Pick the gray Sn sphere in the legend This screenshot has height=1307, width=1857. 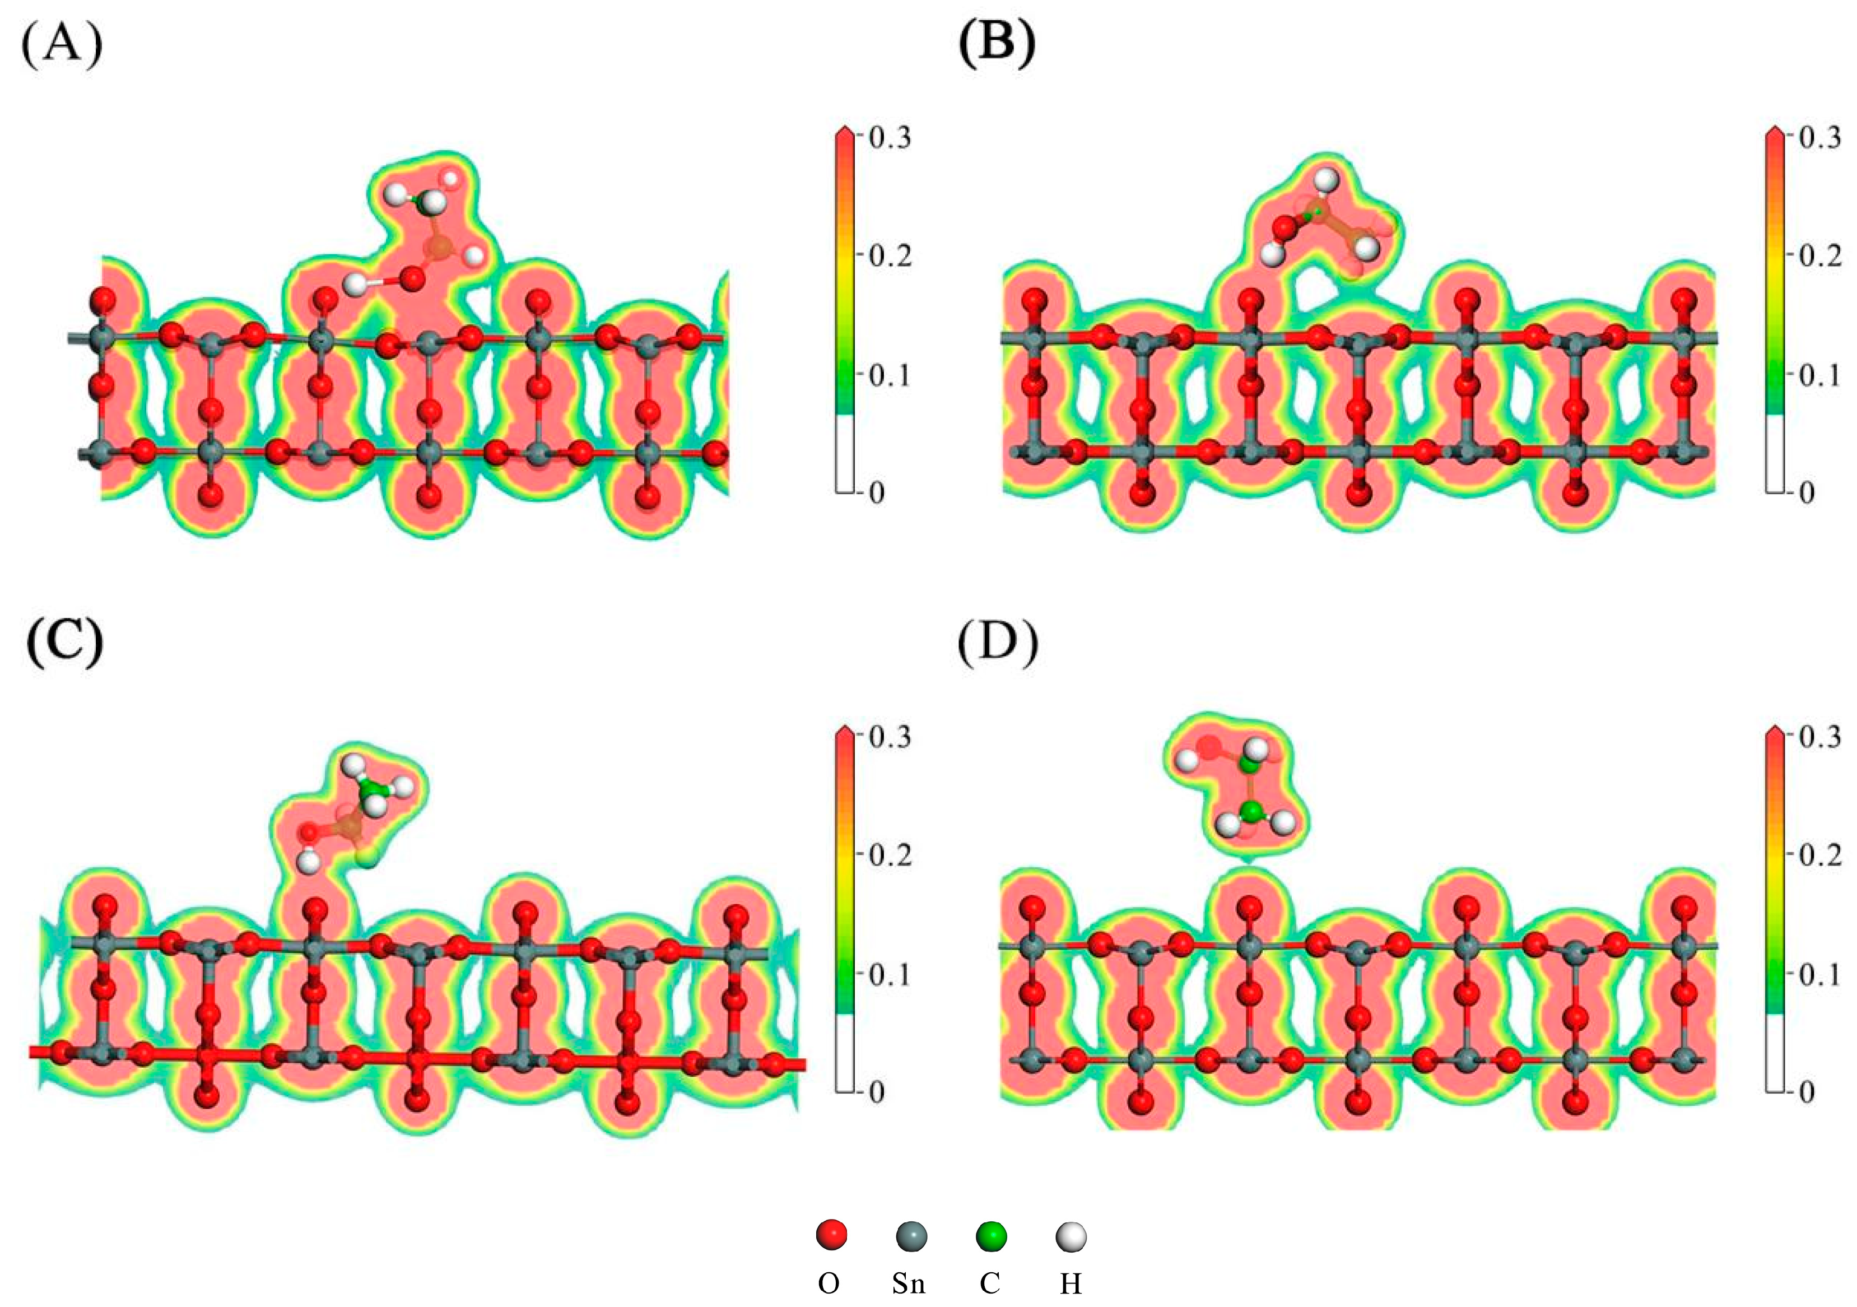pyautogui.click(x=911, y=1236)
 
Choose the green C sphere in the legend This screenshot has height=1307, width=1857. pyautogui.click(x=992, y=1236)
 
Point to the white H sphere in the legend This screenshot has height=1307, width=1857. pyautogui.click(x=1072, y=1236)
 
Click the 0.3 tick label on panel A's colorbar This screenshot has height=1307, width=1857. pyautogui.click(x=890, y=137)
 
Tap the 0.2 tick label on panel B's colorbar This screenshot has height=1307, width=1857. pyautogui.click(x=1820, y=255)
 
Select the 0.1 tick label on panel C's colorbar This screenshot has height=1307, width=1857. pyautogui.click(x=890, y=975)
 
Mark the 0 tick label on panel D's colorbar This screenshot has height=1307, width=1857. pyautogui.click(x=1806, y=1092)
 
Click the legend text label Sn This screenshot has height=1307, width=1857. pyautogui.click(x=909, y=1283)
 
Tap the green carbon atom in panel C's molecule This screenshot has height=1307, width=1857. pyautogui.click(x=370, y=785)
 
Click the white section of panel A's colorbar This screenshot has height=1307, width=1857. pyautogui.click(x=844, y=453)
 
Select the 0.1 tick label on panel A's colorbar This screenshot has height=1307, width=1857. pyautogui.click(x=890, y=375)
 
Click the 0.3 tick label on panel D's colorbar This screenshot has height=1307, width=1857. pyautogui.click(x=1820, y=737)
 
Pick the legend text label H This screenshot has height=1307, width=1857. pyautogui.click(x=1071, y=1283)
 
